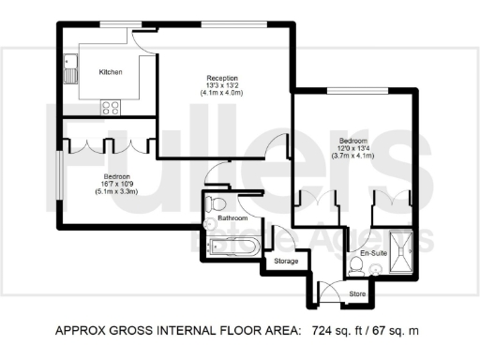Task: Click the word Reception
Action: point(222,78)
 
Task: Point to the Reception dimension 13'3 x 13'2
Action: point(222,85)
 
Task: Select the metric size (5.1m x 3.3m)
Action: point(116,191)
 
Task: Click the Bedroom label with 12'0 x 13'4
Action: point(356,141)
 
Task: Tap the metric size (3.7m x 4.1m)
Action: point(356,157)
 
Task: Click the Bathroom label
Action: point(232,218)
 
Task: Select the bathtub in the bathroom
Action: point(231,248)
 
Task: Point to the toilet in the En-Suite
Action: point(356,268)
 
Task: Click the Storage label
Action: point(285,261)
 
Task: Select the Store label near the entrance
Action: point(356,293)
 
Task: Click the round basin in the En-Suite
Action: point(378,268)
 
